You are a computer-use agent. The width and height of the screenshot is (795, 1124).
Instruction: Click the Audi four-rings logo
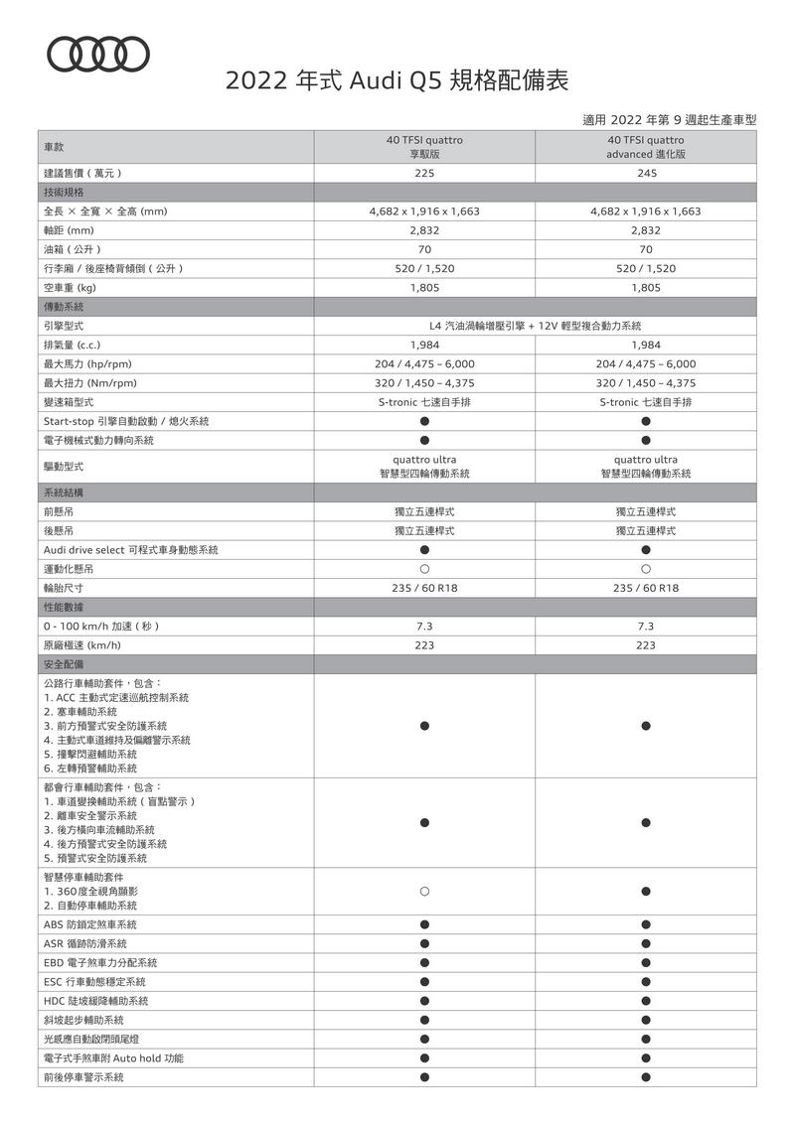click(99, 54)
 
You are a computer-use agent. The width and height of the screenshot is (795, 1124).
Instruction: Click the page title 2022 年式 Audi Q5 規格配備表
click(397, 80)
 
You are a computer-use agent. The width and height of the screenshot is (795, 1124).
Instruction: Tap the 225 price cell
click(424, 173)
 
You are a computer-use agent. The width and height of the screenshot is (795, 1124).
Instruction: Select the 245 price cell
click(646, 173)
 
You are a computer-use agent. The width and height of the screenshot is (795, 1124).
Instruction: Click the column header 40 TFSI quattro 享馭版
click(424, 147)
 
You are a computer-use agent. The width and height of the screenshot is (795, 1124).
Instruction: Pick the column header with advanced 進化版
click(646, 147)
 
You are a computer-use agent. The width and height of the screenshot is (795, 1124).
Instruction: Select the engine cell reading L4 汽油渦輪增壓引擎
click(535, 326)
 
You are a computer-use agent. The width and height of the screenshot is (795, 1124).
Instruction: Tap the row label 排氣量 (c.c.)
click(79, 345)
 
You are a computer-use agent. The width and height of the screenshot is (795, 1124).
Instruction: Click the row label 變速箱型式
click(69, 402)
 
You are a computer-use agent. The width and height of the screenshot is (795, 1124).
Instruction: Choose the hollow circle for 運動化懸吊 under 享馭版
click(424, 569)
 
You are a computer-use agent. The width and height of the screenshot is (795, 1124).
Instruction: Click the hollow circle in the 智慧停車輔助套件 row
click(424, 892)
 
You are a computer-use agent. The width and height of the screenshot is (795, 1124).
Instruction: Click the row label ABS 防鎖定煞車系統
click(90, 924)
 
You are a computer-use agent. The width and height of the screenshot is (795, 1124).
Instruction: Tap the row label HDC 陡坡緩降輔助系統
click(95, 1001)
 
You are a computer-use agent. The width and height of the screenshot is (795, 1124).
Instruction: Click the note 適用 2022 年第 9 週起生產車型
click(669, 119)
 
